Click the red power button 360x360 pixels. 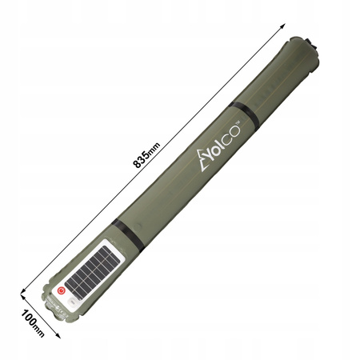[x=61, y=293]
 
